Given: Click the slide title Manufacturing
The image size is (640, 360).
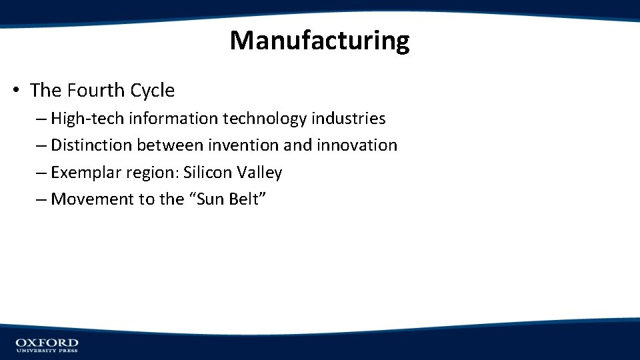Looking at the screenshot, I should pyautogui.click(x=319, y=41).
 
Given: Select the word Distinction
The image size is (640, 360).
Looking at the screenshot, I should pyautogui.click(x=91, y=145).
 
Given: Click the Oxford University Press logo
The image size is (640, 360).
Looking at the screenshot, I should pyautogui.click(x=47, y=345).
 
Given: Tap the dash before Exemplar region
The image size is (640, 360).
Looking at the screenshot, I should pyautogui.click(x=42, y=173).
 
